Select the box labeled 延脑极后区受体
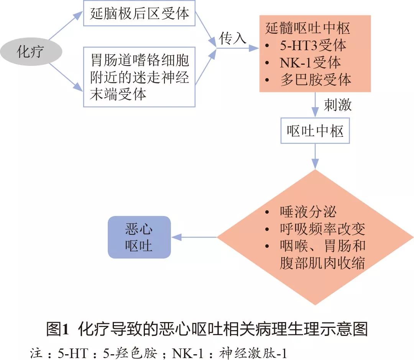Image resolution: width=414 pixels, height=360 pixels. [x=140, y=14]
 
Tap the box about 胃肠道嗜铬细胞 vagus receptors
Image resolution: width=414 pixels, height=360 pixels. [x=140, y=77]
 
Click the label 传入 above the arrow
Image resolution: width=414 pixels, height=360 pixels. [x=232, y=38]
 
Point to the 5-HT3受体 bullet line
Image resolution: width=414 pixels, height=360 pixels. [x=312, y=46]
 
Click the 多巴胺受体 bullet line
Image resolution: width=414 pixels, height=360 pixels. [x=315, y=80]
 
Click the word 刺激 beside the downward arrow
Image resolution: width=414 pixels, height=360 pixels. [x=338, y=105]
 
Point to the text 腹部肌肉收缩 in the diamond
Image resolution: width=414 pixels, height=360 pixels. [x=322, y=263]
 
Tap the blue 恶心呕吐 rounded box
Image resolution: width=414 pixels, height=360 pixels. [x=139, y=237]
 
